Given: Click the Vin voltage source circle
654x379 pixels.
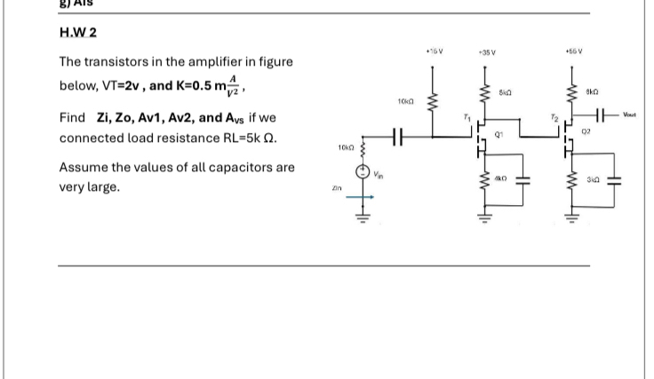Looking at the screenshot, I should (x=362, y=173).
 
